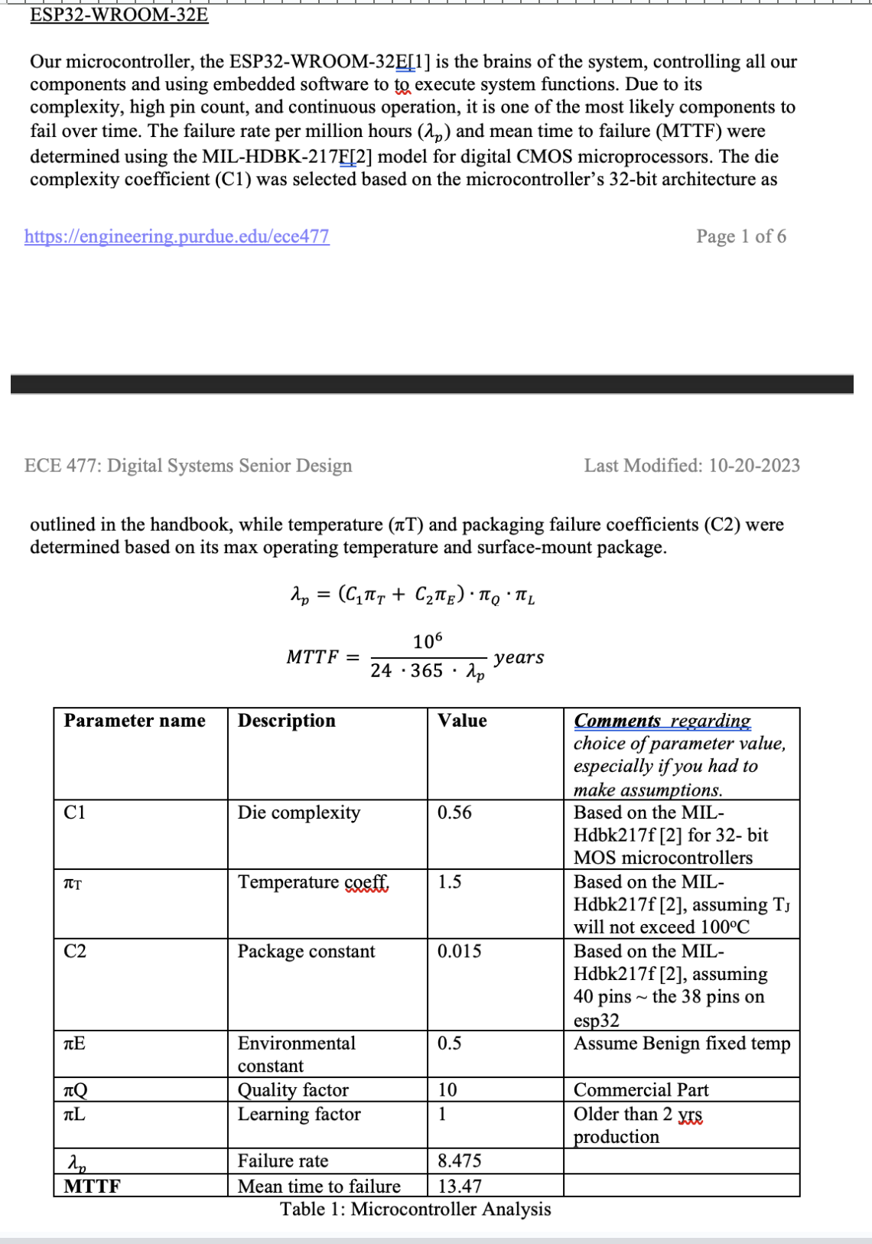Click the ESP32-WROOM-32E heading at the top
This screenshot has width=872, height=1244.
pyautogui.click(x=119, y=15)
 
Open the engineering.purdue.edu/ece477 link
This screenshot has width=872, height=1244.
pyautogui.click(x=177, y=236)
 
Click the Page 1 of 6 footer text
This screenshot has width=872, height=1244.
pyautogui.click(x=740, y=236)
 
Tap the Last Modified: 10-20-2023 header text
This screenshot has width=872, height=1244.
pyautogui.click(x=691, y=466)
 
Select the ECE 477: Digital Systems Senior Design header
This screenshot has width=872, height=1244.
pyautogui.click(x=188, y=466)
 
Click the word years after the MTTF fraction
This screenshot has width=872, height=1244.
pyautogui.click(x=519, y=657)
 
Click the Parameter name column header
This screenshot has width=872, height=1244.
pyautogui.click(x=135, y=721)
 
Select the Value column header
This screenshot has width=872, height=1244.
pyautogui.click(x=462, y=721)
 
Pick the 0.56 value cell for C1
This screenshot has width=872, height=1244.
pyautogui.click(x=454, y=813)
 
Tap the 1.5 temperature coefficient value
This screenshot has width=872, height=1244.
pyautogui.click(x=450, y=882)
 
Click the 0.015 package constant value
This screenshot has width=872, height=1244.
pyautogui.click(x=460, y=951)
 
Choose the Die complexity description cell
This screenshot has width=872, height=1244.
pyautogui.click(x=299, y=813)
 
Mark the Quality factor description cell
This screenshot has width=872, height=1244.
pyautogui.click(x=293, y=1089)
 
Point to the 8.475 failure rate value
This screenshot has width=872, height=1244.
pyautogui.click(x=460, y=1161)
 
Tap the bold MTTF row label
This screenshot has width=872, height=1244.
pyautogui.click(x=92, y=1186)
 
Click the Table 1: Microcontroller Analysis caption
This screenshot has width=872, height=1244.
pyautogui.click(x=415, y=1209)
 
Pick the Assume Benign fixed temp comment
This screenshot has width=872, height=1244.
pyautogui.click(x=682, y=1044)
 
